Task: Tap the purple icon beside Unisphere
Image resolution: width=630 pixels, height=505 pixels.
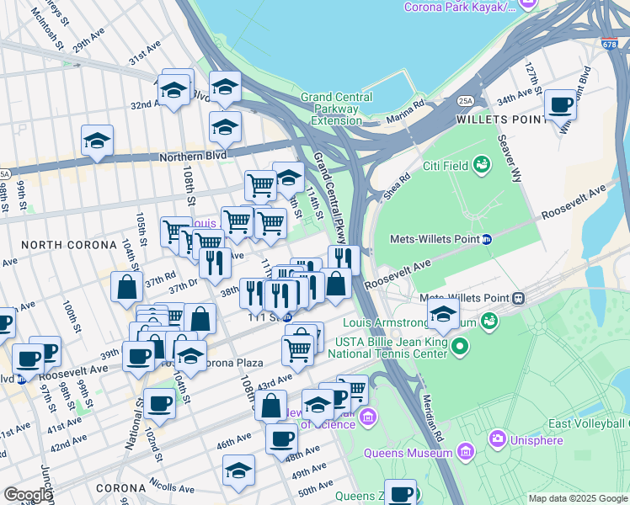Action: tap(497, 439)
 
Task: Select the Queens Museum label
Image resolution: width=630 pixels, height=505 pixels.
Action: tap(408, 454)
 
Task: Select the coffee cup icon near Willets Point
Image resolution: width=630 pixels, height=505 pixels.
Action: tap(559, 107)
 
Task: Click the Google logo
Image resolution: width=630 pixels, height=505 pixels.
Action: tap(27, 494)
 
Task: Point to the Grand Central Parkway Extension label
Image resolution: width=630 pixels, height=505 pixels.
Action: tap(342, 109)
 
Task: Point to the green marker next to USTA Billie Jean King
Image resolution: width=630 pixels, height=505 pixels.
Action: tap(459, 346)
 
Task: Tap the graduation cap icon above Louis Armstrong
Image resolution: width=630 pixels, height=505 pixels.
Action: tap(442, 315)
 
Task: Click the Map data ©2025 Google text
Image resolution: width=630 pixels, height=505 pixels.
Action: tap(578, 498)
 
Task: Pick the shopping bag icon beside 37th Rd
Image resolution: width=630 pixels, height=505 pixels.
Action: tap(126, 287)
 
